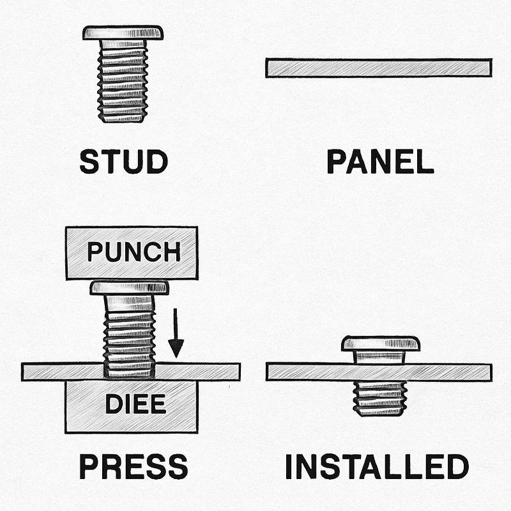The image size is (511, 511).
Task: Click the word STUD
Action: point(123,162)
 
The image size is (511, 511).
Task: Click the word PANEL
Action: point(380,162)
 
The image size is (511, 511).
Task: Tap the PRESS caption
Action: point(133,467)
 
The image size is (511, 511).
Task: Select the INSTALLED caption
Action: point(377,467)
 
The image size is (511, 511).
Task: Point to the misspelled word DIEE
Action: point(135,404)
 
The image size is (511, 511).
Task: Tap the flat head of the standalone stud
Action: point(123,32)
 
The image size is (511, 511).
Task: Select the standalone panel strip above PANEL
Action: point(379,68)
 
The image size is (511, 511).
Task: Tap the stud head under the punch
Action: point(129,288)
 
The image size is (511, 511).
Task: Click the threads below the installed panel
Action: point(379,397)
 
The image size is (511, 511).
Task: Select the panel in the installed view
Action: point(447,372)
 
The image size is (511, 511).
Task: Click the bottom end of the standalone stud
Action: point(123,118)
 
